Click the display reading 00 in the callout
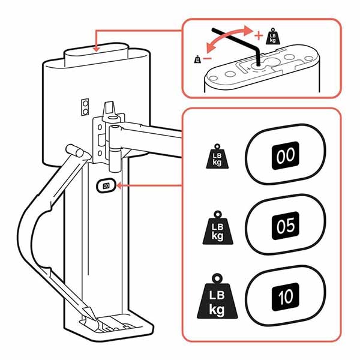[x=285, y=157]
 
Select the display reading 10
[x=285, y=296]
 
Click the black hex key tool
[x=240, y=42]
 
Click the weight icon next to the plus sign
[x=271, y=35]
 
